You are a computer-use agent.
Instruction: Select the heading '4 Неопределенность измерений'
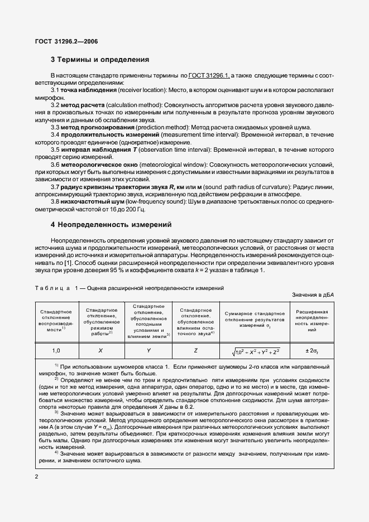click(111, 225)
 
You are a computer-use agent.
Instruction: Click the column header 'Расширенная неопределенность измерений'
click(312, 322)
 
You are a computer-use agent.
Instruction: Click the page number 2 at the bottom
click(36, 477)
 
